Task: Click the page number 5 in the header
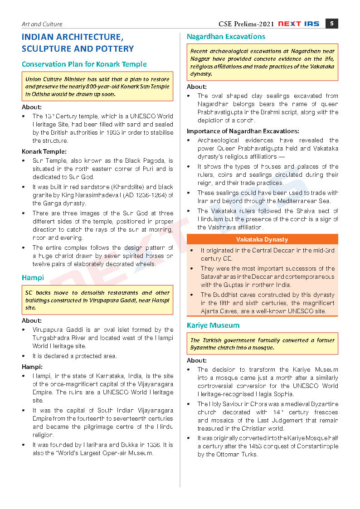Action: point(332,24)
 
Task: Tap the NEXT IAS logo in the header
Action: point(299,24)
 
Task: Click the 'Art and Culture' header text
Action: point(42,24)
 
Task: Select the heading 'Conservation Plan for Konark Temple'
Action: point(84,64)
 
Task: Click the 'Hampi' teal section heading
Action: point(33,278)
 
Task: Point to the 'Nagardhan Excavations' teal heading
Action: point(226,36)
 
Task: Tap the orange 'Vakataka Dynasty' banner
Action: point(262,239)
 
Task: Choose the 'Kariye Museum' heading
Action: point(213,325)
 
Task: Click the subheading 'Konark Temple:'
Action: point(44,151)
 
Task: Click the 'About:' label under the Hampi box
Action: point(32,320)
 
